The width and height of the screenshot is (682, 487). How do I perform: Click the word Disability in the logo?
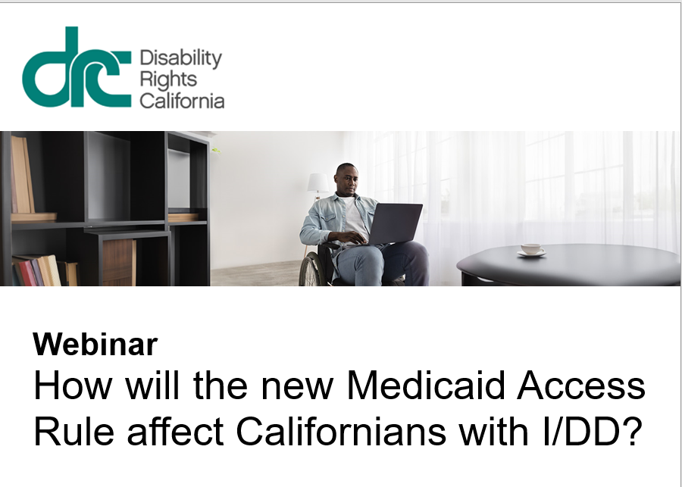click(180, 58)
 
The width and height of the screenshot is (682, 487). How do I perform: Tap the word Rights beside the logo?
click(168, 80)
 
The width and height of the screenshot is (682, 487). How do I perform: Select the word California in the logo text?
click(182, 100)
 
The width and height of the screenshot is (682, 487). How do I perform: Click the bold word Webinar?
click(95, 345)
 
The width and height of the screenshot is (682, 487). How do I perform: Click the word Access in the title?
click(581, 386)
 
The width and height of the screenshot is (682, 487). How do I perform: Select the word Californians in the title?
click(341, 432)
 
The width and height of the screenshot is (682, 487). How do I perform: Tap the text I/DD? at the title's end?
click(593, 432)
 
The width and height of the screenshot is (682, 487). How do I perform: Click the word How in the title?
click(73, 386)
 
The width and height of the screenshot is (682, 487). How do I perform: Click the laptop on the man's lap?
click(393, 224)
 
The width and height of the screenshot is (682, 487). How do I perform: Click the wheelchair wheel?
click(310, 270)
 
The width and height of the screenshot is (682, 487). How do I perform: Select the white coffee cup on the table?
click(531, 250)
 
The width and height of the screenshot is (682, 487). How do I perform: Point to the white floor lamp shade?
click(318, 183)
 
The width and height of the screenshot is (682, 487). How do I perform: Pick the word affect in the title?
click(175, 432)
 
